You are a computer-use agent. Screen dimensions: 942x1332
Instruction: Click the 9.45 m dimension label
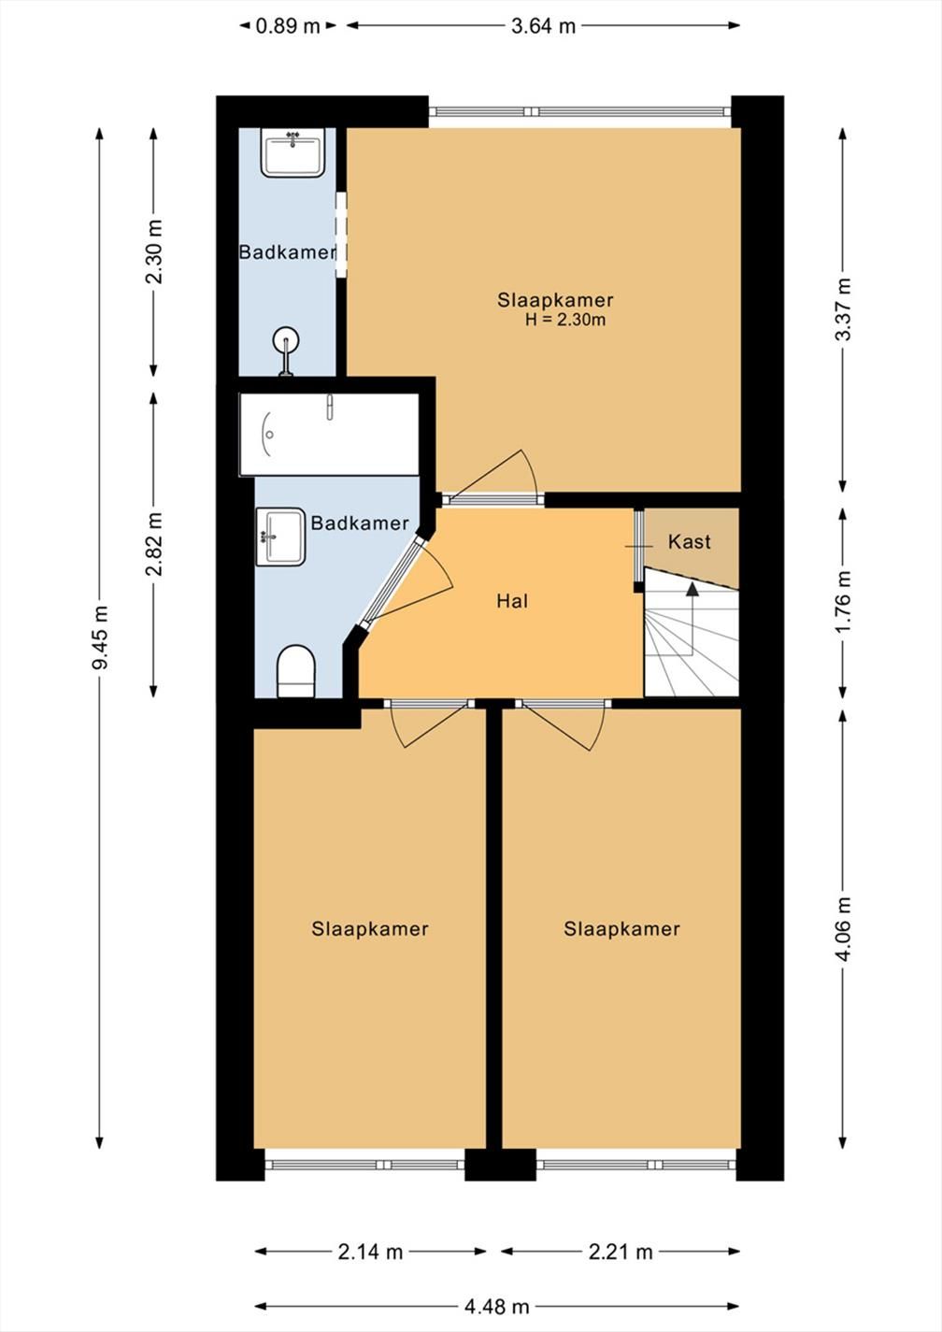(x=100, y=637)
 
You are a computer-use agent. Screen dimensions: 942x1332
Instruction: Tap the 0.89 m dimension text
(x=288, y=26)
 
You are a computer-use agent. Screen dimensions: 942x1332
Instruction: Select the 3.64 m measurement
(x=543, y=26)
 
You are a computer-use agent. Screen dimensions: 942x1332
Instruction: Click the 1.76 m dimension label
(x=843, y=602)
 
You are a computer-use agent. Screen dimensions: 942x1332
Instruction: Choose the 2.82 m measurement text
(x=154, y=544)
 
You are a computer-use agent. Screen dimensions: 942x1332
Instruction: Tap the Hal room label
(x=512, y=601)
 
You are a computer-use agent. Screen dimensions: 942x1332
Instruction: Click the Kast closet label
(x=690, y=541)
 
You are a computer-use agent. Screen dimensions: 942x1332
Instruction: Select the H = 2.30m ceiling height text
(x=565, y=320)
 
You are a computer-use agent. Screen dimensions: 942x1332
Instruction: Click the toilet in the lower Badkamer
(x=296, y=671)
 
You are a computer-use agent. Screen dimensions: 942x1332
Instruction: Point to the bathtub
(x=329, y=434)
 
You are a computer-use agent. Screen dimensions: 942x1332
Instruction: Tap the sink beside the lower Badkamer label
(x=280, y=537)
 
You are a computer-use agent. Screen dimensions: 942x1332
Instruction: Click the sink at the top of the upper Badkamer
(x=293, y=152)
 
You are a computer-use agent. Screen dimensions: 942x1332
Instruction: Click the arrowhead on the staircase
(x=692, y=588)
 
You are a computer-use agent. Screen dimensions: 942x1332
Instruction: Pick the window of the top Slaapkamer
(x=580, y=111)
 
